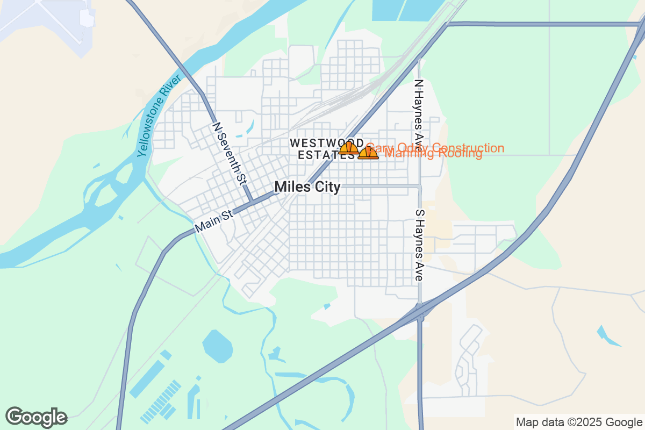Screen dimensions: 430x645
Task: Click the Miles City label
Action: pos(307,187)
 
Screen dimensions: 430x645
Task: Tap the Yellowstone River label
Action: pos(159,119)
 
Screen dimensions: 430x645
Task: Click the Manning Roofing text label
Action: pos(434,154)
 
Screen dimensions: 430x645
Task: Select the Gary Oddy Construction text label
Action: pos(434,148)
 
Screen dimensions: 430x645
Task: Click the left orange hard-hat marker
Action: pos(348,148)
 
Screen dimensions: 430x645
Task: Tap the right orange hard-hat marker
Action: pos(368,153)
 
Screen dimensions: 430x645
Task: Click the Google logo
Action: pos(36,417)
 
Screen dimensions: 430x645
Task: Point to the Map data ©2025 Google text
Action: pos(579,422)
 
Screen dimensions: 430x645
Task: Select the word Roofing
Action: pos(461,154)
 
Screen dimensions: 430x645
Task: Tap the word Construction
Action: pos(468,148)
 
